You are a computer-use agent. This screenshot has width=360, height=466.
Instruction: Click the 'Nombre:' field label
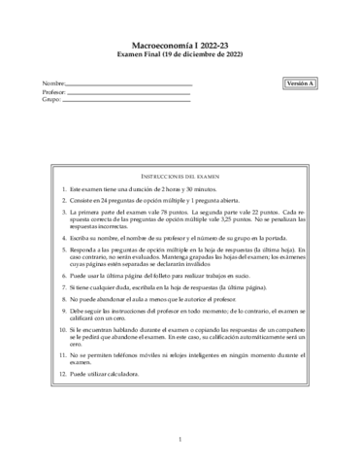coord(54,83)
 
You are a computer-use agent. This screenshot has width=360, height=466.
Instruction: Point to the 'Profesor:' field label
coord(55,91)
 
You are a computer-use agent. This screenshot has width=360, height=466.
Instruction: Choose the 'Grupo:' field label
coord(53,99)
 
